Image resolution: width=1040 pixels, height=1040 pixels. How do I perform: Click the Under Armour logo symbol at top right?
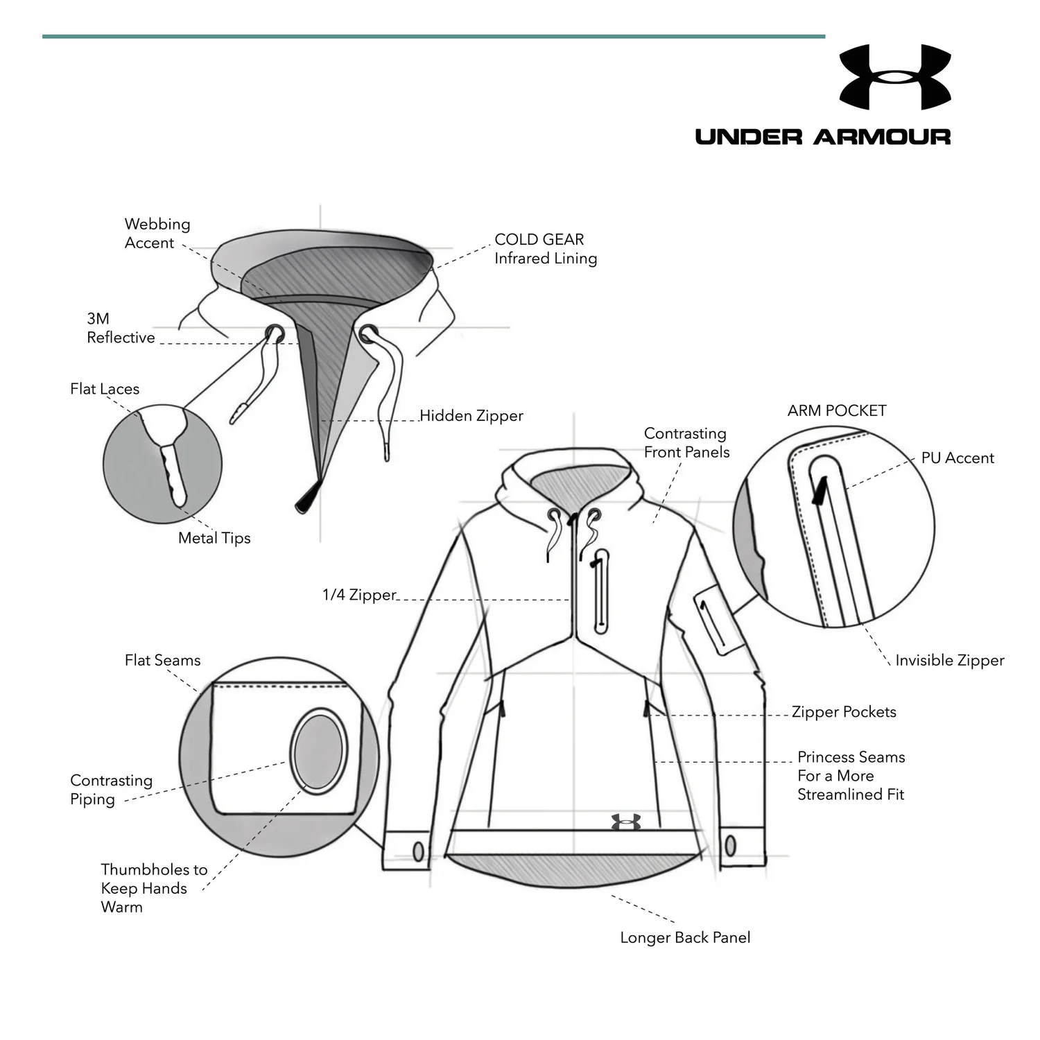894,77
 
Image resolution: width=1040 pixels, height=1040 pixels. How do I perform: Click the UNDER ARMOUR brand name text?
823,137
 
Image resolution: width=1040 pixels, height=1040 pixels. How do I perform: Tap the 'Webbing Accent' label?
157,233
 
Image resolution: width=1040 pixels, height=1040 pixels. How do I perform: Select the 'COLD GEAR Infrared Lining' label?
546,249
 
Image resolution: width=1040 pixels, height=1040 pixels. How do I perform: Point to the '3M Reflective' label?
121,328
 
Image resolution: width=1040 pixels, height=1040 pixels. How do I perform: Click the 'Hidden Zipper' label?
471,416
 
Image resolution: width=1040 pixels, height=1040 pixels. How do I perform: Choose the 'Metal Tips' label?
214,538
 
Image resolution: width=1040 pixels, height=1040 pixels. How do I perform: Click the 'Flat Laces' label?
105,389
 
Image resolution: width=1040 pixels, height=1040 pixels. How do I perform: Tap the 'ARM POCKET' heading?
837,410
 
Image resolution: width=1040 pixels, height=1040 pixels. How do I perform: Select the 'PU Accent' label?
957,458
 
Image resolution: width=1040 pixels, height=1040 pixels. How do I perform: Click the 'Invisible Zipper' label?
949,661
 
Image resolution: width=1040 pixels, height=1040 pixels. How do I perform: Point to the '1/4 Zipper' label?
359,595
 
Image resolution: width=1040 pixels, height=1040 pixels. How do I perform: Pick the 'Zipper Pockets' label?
844,712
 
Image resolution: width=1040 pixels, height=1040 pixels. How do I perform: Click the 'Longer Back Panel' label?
685,938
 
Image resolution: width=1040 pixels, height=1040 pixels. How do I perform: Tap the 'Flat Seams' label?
163,661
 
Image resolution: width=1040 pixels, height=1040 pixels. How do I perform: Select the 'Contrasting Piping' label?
111,790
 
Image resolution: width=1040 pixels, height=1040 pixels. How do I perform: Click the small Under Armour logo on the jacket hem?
626,822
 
